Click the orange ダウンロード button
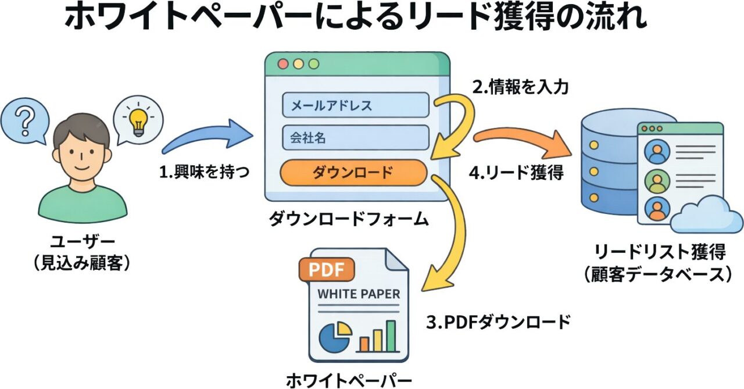pos(353,172)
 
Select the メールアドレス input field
pos(355,105)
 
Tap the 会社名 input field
pos(355,138)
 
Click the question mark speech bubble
pos(24,123)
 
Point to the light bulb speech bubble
pos(138,119)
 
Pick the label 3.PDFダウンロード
pos(498,322)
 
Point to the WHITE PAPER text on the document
pos(359,294)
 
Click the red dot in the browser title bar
pos(283,64)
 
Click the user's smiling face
pos(81,150)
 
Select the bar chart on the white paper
pos(377,336)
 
